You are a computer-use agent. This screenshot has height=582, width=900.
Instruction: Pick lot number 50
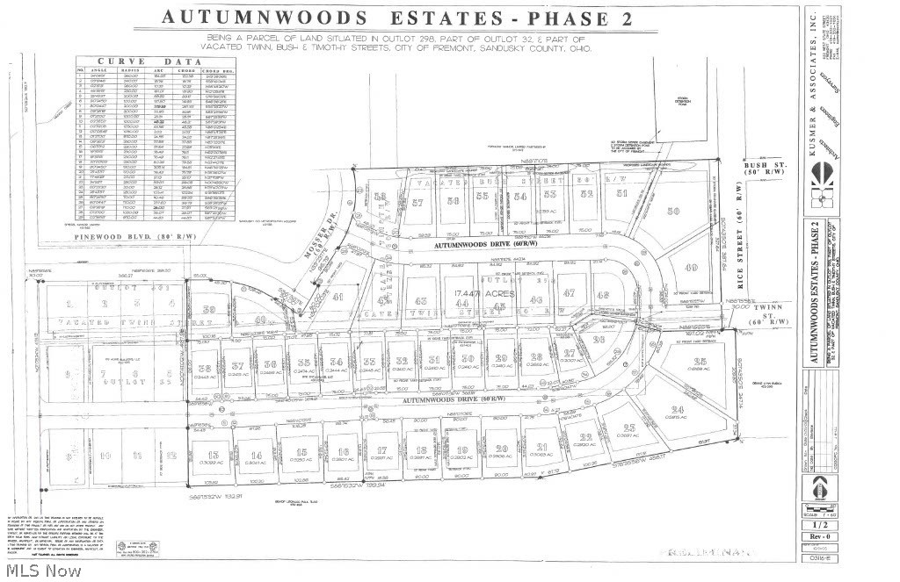point(674,211)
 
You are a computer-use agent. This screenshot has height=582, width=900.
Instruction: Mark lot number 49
point(691,268)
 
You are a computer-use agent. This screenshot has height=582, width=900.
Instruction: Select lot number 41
point(337,297)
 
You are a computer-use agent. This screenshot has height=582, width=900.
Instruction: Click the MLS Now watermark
point(41,570)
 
